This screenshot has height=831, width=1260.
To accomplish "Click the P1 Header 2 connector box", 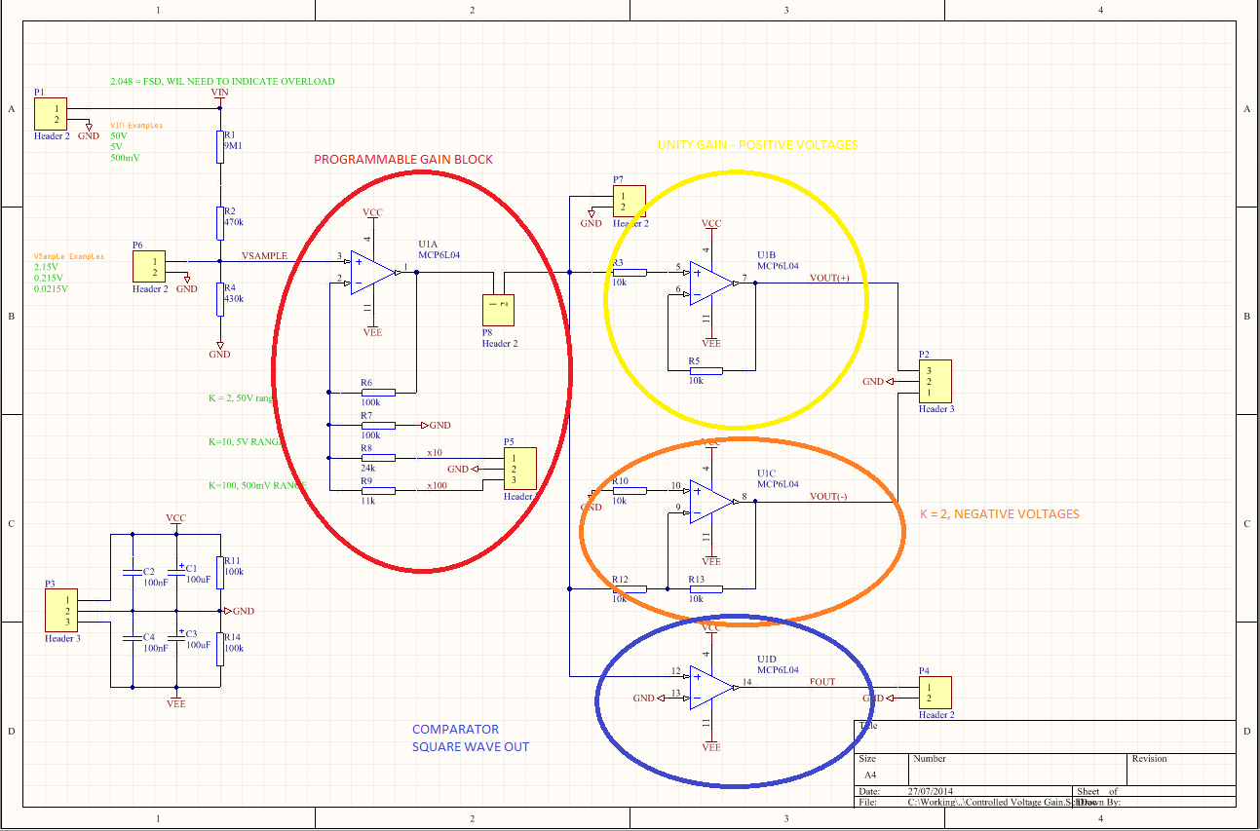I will pyautogui.click(x=52, y=114).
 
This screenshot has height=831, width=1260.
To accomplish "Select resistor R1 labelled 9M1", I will pyautogui.click(x=220, y=146).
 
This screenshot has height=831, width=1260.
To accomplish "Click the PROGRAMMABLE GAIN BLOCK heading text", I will pyautogui.click(x=402, y=160).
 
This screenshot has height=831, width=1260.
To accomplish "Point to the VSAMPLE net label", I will pyautogui.click(x=264, y=255).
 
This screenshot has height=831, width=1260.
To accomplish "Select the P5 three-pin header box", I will pyautogui.click(x=519, y=469).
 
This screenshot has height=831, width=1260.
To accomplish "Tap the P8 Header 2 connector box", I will pyautogui.click(x=499, y=310).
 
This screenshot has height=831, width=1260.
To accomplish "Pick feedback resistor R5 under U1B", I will pyautogui.click(x=705, y=370).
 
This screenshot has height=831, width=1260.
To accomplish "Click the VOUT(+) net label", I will pyautogui.click(x=829, y=278).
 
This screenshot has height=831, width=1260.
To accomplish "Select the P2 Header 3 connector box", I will pyautogui.click(x=935, y=382).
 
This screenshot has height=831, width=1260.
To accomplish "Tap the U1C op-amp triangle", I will pyautogui.click(x=713, y=502).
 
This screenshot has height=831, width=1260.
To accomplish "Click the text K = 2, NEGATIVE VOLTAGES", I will pyautogui.click(x=999, y=513).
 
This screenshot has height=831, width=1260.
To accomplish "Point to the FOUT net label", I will pyautogui.click(x=822, y=682).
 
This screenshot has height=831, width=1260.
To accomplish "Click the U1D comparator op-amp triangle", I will pyautogui.click(x=713, y=687).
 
